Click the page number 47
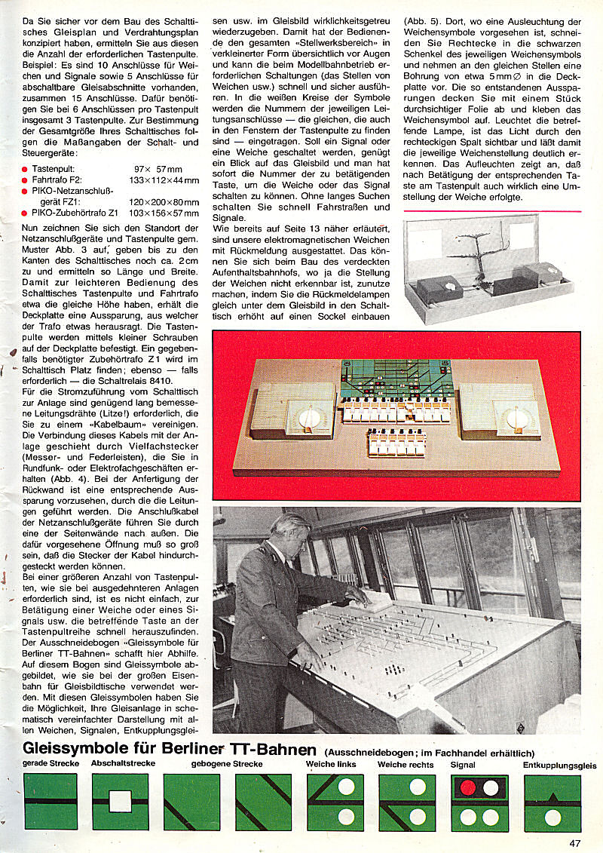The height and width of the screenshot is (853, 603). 575,843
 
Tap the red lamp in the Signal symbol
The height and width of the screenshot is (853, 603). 468,787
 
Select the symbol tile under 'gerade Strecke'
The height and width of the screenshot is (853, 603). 51,802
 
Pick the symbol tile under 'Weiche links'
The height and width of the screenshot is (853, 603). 335,802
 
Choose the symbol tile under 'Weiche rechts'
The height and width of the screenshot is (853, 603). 406,802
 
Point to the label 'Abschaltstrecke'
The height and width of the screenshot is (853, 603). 123,763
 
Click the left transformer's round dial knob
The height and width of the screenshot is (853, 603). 308,417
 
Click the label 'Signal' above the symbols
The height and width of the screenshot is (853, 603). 463,764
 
